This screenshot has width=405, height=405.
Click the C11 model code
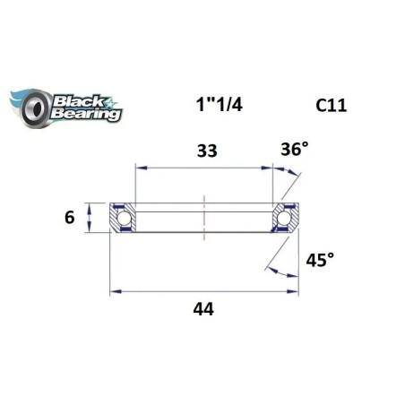[332, 106]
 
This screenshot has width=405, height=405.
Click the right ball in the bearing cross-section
[287, 218]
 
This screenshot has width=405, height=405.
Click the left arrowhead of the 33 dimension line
[138, 166]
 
